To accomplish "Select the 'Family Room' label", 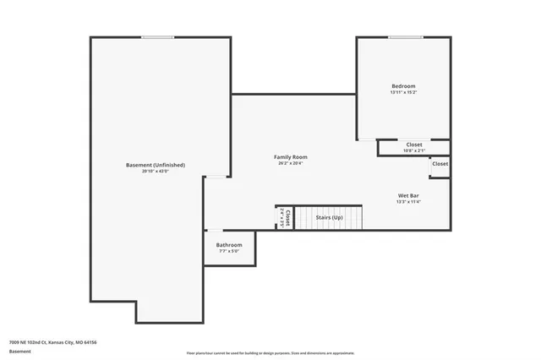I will click(290, 157).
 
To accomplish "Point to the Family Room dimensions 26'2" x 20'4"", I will click(290, 164).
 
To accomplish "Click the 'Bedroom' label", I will click(403, 86).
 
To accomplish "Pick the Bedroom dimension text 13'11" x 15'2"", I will click(403, 93).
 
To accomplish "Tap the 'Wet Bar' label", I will click(408, 195).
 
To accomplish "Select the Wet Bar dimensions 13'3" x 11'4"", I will click(408, 202).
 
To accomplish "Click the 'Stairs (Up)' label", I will click(329, 218).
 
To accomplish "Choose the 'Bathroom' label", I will click(228, 245).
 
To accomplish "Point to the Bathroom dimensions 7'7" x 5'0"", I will click(228, 251).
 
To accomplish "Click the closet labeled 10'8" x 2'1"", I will click(414, 148).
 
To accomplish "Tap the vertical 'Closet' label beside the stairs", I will click(287, 218).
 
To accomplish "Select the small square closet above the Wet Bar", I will click(440, 165).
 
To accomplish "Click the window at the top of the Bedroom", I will click(406, 37).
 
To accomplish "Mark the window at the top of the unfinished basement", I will click(158, 37).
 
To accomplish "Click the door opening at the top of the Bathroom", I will click(216, 231).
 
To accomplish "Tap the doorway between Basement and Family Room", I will click(217, 177).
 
